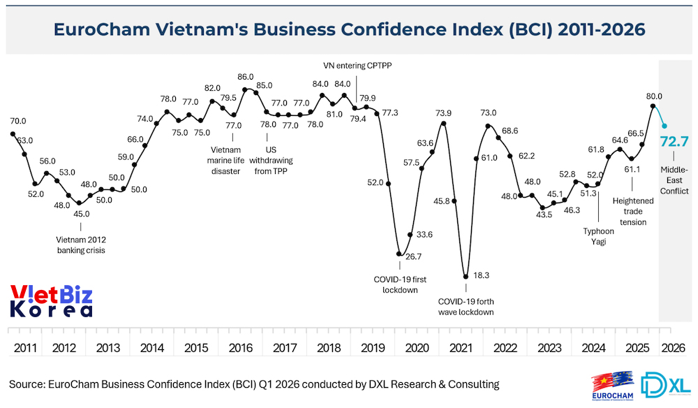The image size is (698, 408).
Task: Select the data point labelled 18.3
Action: click(x=466, y=277)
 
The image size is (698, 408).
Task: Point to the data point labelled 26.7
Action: click(x=400, y=254)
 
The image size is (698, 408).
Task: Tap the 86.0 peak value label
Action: click(x=246, y=77)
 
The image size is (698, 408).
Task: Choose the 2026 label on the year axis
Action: click(x=674, y=347)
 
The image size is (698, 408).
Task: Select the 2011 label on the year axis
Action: click(x=25, y=347)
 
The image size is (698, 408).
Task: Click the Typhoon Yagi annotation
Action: click(x=599, y=237)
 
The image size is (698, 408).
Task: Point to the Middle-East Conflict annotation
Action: click(x=674, y=180)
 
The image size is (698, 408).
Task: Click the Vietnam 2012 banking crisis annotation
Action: click(x=80, y=245)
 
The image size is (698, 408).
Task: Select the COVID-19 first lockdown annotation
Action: click(x=400, y=284)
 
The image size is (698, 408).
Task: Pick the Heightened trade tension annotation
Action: click(x=632, y=212)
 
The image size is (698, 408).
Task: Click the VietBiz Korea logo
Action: click(x=51, y=301)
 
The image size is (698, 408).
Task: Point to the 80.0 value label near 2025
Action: click(x=654, y=96)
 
